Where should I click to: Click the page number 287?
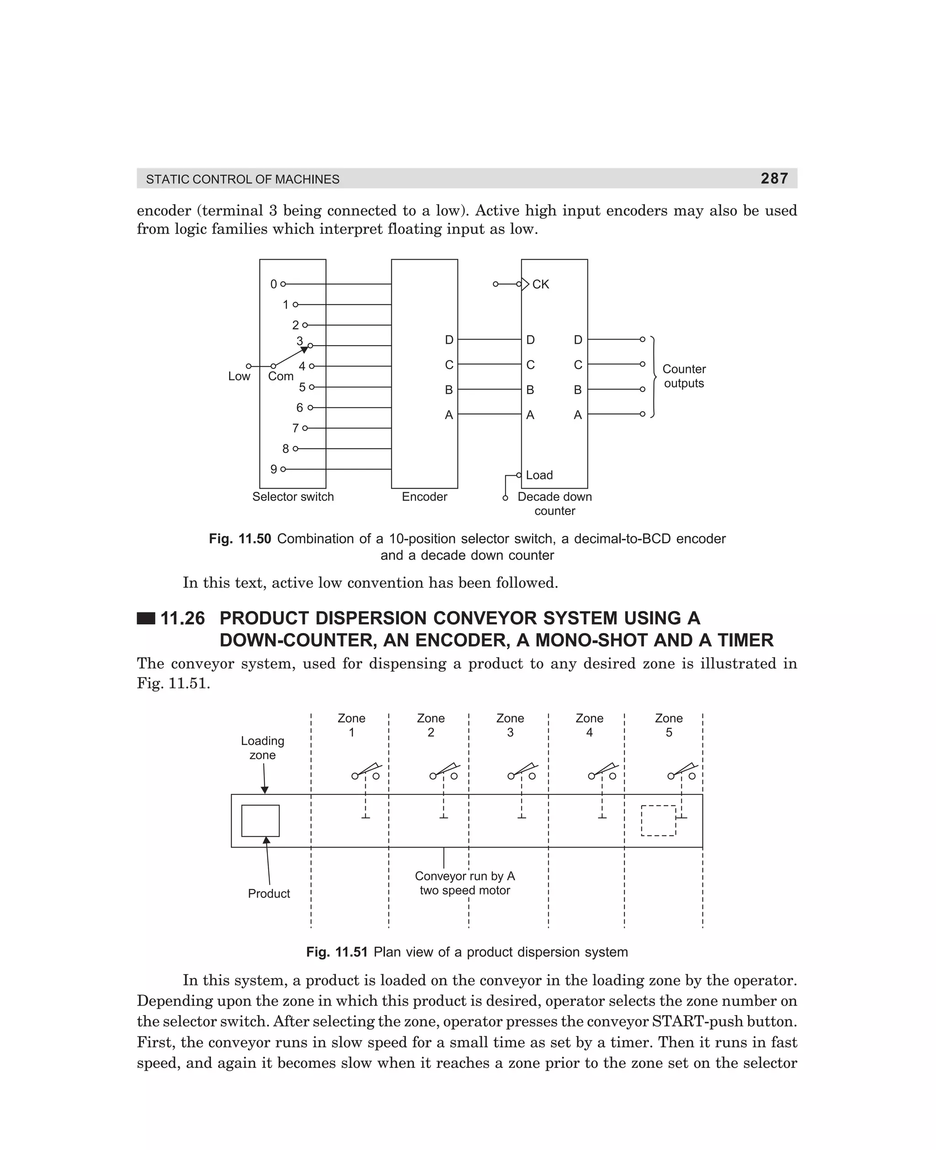coord(774,178)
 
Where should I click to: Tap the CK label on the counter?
coord(540,284)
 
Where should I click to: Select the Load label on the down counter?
coord(539,475)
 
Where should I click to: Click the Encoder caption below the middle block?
coord(424,496)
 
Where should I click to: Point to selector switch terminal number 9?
coord(274,469)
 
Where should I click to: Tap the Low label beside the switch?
coord(239,376)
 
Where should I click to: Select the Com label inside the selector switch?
coord(280,376)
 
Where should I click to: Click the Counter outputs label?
coord(684,376)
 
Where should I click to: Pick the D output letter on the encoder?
coord(449,340)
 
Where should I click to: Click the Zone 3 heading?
coord(510,725)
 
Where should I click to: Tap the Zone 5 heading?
coord(669,725)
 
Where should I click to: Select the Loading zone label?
coord(263,748)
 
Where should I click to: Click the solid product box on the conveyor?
coord(261,820)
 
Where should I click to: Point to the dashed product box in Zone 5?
coord(658,820)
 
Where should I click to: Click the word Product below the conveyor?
coord(269,894)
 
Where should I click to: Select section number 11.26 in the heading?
coord(183,618)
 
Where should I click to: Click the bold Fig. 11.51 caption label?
coord(336,952)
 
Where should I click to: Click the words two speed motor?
coord(465,890)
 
